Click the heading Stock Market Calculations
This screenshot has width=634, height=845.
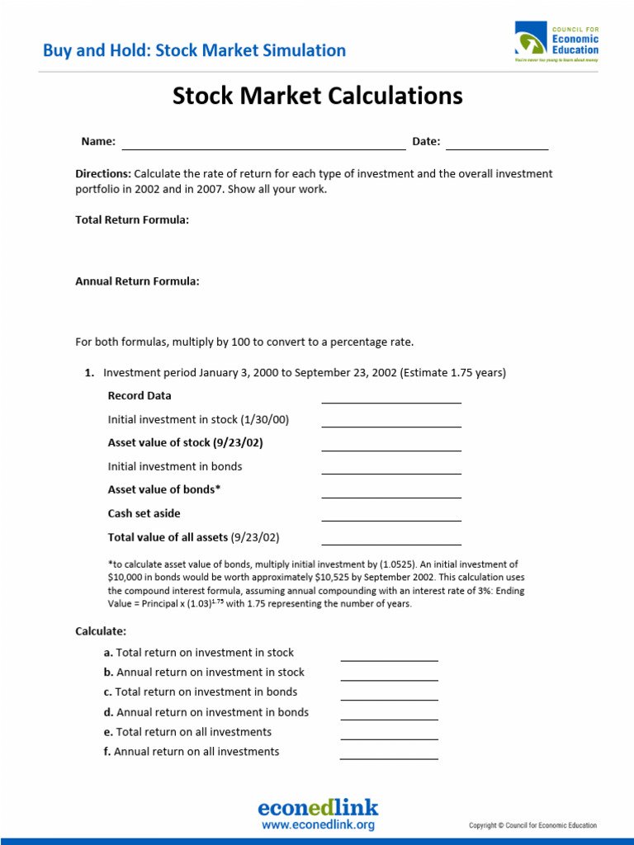tap(317, 97)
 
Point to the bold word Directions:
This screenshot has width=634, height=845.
tap(103, 174)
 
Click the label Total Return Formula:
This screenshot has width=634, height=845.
tap(132, 220)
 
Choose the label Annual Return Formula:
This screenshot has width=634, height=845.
tap(137, 281)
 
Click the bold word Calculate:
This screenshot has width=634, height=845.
tap(101, 631)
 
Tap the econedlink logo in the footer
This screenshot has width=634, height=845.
tap(318, 807)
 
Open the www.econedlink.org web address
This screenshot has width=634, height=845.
tap(318, 824)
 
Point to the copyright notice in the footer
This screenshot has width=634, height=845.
tap(532, 825)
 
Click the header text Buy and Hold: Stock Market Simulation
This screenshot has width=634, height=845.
tap(194, 50)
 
